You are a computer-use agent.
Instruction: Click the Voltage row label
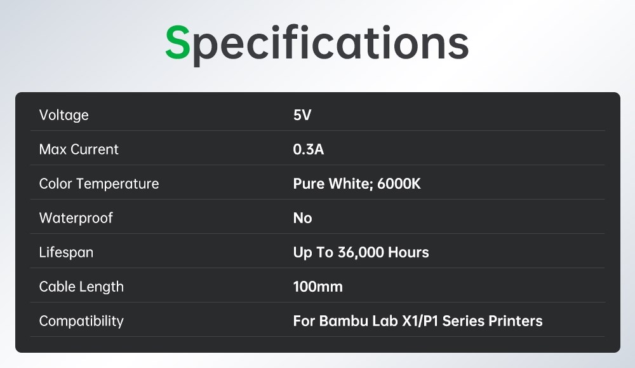click(63, 115)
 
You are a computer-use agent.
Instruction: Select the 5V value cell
click(302, 115)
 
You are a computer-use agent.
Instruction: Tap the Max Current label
click(79, 149)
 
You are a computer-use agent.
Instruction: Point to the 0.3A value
click(309, 149)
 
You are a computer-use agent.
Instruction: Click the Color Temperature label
click(99, 184)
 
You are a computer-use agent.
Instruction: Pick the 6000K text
click(399, 184)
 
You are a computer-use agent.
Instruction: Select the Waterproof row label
click(76, 218)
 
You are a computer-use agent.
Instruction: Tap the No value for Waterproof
click(302, 218)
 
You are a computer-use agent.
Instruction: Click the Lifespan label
click(66, 252)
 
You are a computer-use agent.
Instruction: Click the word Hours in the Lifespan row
click(408, 252)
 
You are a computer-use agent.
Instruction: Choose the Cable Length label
click(81, 287)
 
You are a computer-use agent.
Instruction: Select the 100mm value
click(317, 287)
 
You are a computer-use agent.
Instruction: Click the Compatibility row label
click(81, 321)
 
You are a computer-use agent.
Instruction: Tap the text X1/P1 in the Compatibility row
click(420, 321)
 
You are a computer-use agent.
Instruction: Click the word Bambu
click(343, 321)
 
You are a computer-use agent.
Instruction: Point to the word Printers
click(516, 321)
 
